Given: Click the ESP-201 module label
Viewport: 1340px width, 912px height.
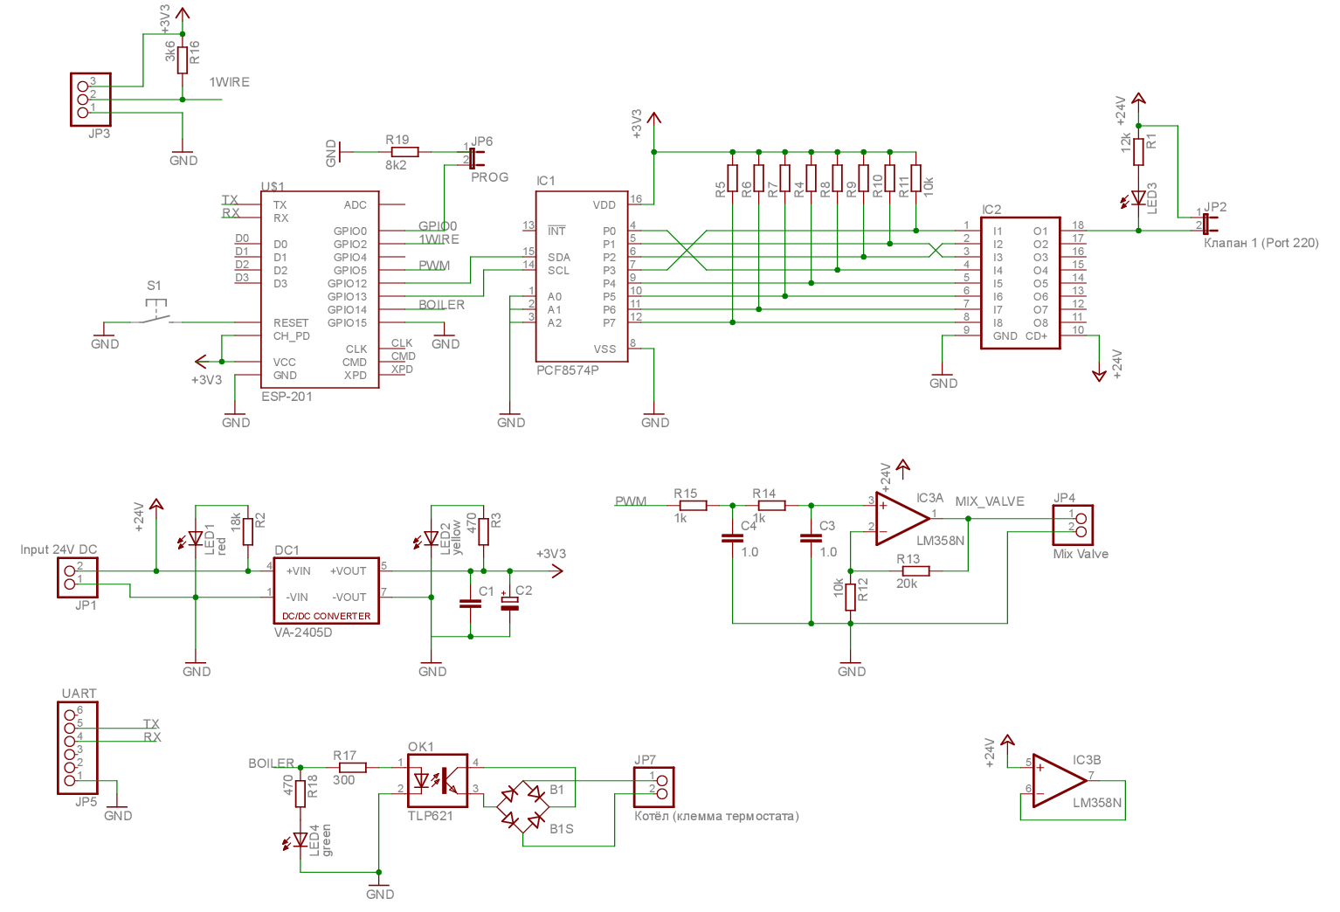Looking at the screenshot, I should click(287, 397).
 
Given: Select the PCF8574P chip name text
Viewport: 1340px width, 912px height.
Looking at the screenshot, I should click(567, 370).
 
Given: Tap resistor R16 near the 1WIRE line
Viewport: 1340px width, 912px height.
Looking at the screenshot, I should click(183, 60).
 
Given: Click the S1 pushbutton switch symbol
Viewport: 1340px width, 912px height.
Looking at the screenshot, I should click(154, 315).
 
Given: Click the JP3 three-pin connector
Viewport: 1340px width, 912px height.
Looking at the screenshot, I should click(90, 100).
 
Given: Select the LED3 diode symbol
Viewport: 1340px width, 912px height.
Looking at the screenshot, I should click(1138, 198).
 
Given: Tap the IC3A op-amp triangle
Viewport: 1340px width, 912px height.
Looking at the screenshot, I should click(900, 518).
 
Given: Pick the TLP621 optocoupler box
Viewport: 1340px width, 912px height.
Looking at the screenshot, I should click(437, 780).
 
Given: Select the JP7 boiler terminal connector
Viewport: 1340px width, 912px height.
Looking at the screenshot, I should click(653, 787).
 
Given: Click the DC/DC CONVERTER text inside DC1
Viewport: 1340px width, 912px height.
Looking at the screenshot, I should click(326, 616).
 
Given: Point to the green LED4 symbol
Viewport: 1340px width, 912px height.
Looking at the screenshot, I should click(300, 840).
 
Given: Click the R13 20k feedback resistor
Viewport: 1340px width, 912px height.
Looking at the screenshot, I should click(915, 570).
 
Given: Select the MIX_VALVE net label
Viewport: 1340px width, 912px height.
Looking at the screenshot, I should click(989, 501).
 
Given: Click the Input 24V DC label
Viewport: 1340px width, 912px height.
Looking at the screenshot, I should click(59, 549).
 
